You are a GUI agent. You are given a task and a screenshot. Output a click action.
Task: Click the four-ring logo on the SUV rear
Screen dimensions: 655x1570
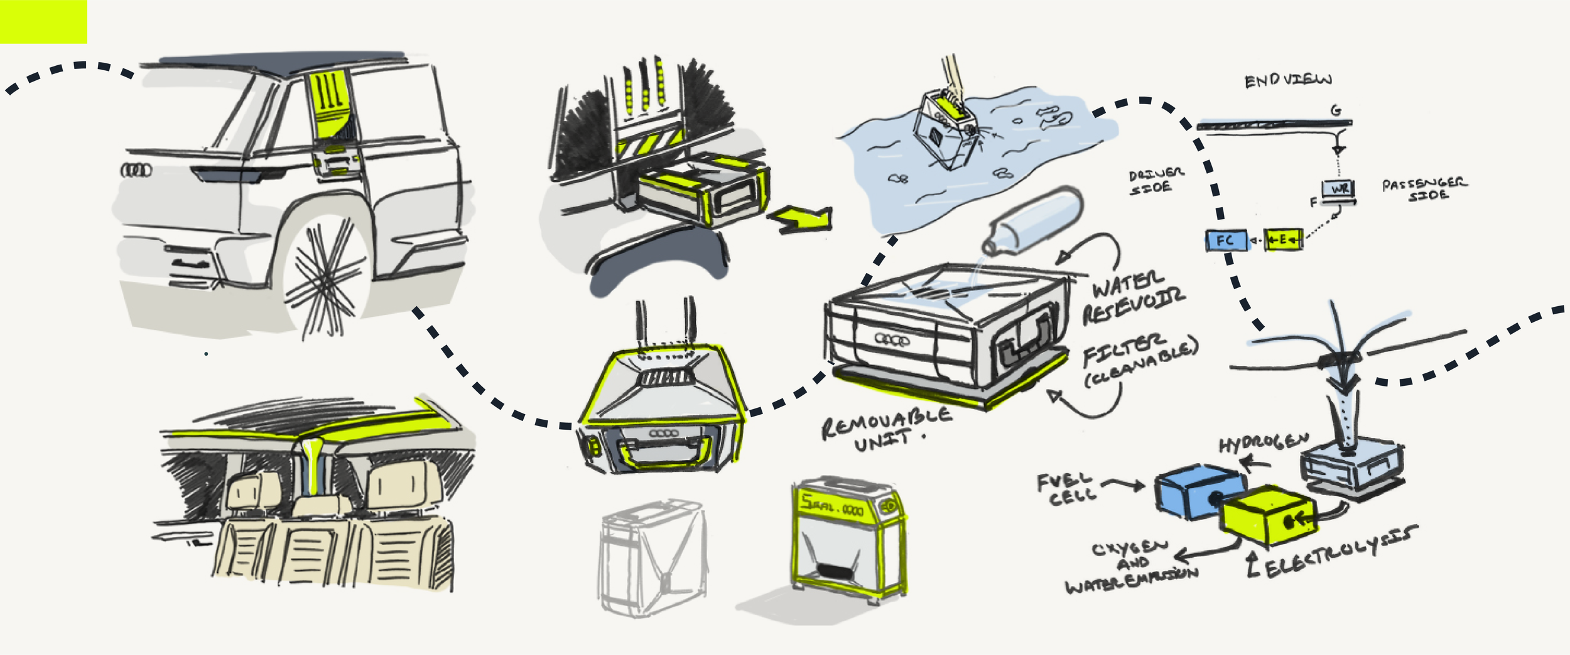(x=136, y=169)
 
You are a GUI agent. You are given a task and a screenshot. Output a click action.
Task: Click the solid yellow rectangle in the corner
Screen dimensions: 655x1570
(x=43, y=21)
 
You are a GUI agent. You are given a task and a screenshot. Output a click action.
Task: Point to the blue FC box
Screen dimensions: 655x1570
(x=1226, y=241)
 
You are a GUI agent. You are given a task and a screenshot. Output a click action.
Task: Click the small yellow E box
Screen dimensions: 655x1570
(x=1282, y=240)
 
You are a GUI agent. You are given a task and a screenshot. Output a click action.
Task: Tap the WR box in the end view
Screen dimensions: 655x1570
(x=1338, y=189)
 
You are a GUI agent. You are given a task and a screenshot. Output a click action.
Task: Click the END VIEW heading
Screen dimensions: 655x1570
(x=1287, y=80)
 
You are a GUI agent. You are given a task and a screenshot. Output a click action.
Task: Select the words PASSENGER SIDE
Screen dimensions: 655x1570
(x=1424, y=189)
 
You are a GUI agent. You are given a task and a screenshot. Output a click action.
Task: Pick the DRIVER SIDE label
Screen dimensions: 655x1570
(x=1156, y=180)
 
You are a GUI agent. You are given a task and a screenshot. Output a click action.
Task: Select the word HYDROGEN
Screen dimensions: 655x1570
(x=1263, y=442)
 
